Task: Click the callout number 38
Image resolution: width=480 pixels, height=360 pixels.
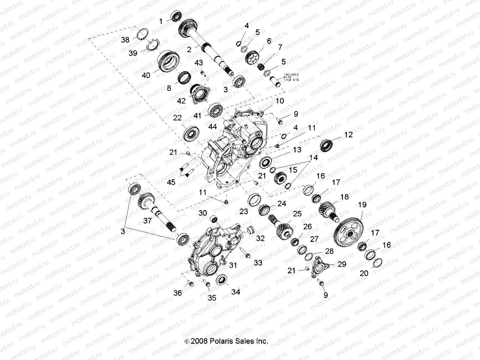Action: pos(125,39)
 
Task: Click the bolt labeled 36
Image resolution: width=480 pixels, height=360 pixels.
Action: pos(190,283)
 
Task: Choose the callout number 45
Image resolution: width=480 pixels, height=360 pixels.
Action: pos(171,182)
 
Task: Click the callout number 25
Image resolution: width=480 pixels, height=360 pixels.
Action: pos(297,214)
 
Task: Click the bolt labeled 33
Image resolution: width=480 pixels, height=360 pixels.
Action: pos(248,256)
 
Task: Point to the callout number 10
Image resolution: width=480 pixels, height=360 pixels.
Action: pos(280,101)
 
